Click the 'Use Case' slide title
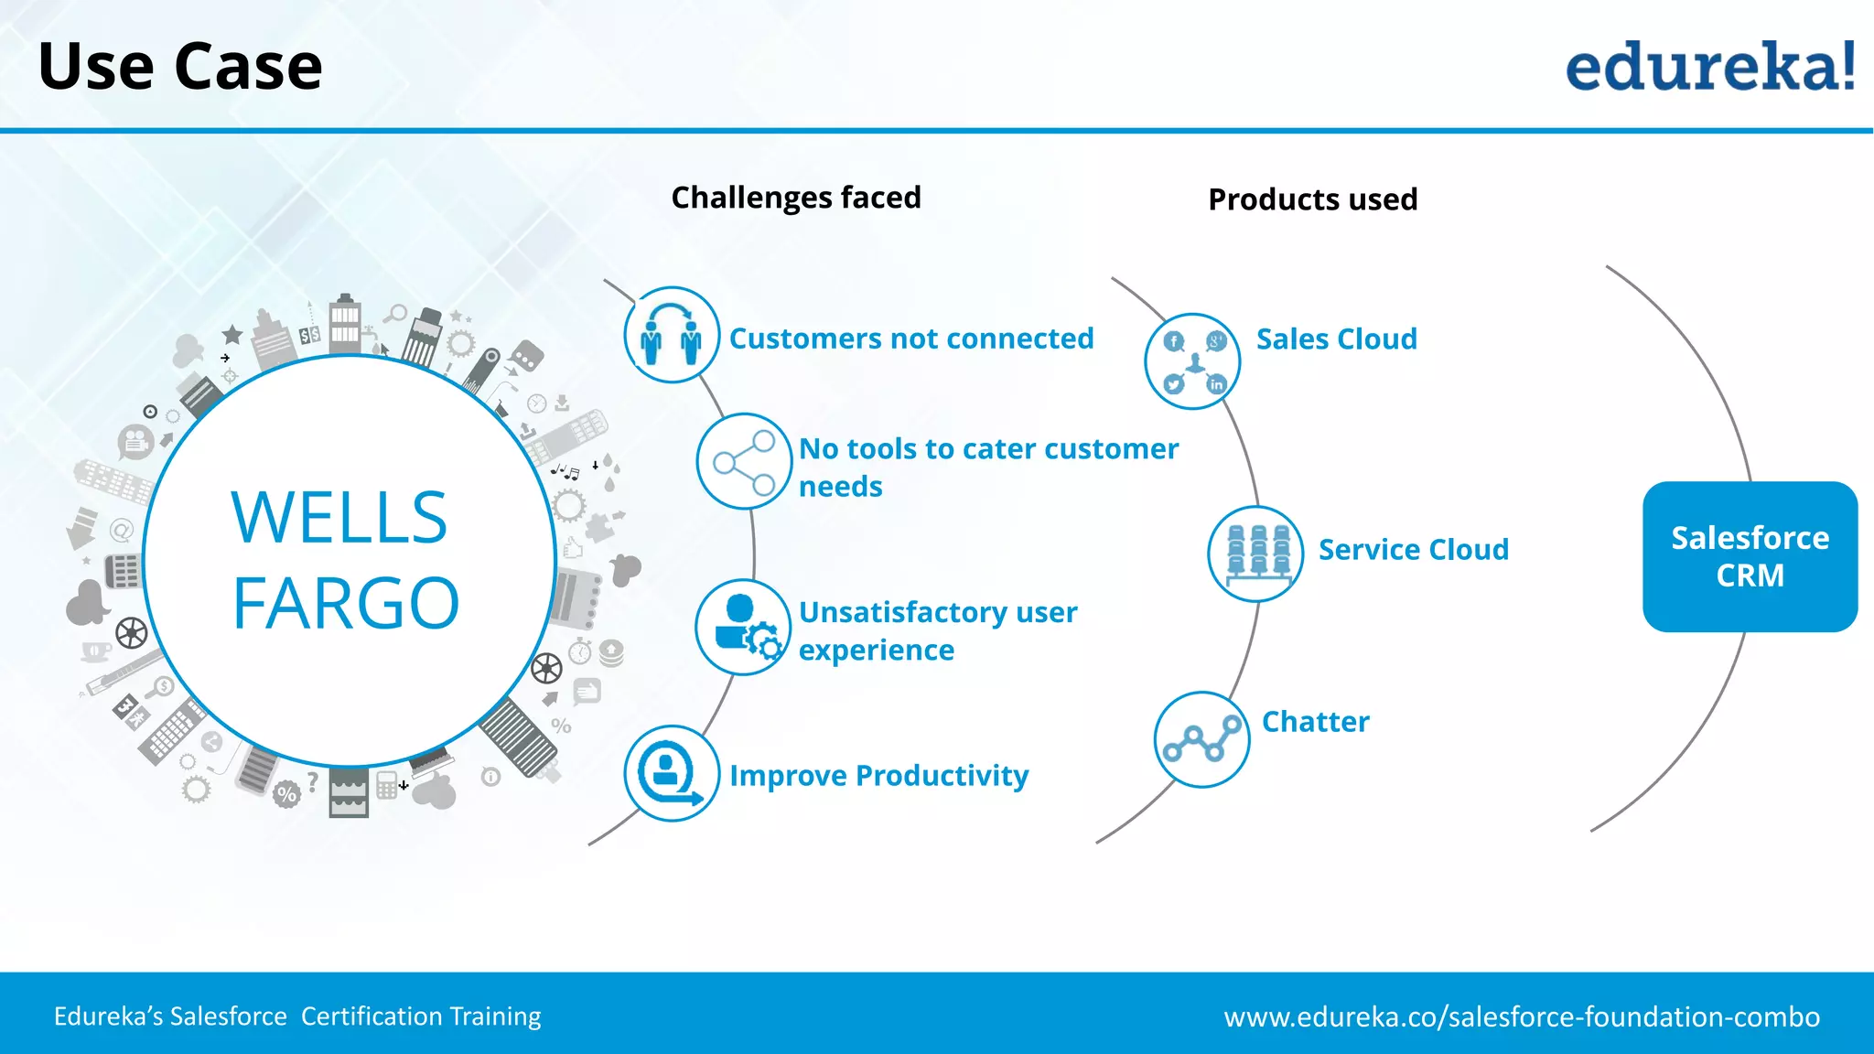tap(180, 67)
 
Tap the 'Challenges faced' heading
tap(796, 198)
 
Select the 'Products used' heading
tap(1312, 199)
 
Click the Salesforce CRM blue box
tap(1750, 556)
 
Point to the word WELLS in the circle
tap(339, 518)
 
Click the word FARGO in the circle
tap(346, 604)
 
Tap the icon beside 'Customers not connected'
tap(672, 335)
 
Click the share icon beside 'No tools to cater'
tap(744, 461)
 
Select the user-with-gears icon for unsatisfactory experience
tap(743, 628)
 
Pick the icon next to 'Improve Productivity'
tap(672, 773)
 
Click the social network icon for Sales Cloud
tap(1192, 361)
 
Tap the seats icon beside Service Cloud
tap(1255, 553)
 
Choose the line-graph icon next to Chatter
tap(1201, 739)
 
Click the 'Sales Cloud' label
tap(1336, 339)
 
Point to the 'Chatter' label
tap(1315, 722)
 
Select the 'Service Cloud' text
tap(1413, 550)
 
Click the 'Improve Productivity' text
tap(878, 776)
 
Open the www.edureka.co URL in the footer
tap(1522, 1016)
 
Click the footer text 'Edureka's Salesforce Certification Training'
tap(297, 1016)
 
